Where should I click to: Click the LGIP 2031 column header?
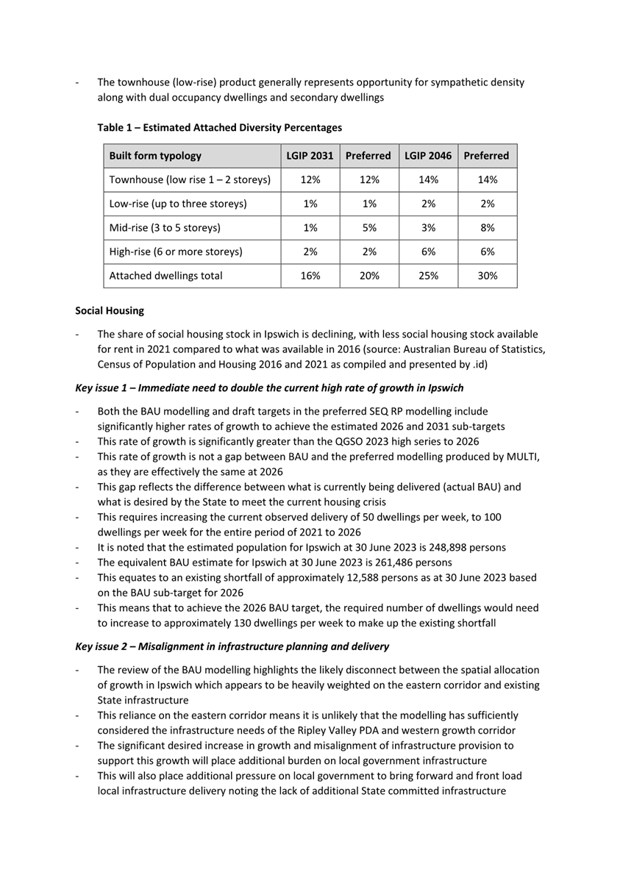coord(310,157)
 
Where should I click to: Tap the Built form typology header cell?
coord(155,157)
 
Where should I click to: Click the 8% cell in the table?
coord(487,227)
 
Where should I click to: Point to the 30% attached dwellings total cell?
coord(487,276)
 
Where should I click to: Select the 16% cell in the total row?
coord(310,276)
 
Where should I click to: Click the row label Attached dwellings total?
coord(161,276)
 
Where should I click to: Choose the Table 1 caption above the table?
coord(220,128)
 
